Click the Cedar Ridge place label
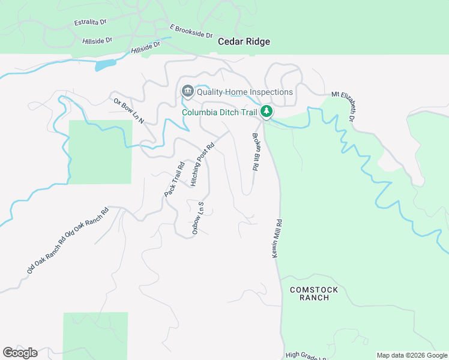pyautogui.click(x=244, y=42)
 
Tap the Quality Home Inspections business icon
pyautogui.click(x=187, y=91)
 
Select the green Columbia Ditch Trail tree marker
pyautogui.click(x=267, y=111)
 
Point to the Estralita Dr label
pyautogui.click(x=90, y=22)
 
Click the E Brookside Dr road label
pyautogui.click(x=191, y=31)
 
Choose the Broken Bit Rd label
pyautogui.click(x=255, y=152)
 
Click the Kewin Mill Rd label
pyautogui.click(x=277, y=238)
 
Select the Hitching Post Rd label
pyautogui.click(x=202, y=164)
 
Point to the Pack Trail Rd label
pyautogui.click(x=174, y=179)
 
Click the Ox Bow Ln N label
pyautogui.click(x=128, y=110)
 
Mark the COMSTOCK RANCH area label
pyautogui.click(x=314, y=293)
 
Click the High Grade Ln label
pyautogui.click(x=306, y=355)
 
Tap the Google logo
pyautogui.click(x=20, y=353)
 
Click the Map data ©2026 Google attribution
pyautogui.click(x=412, y=355)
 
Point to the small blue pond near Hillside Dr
pyautogui.click(x=105, y=65)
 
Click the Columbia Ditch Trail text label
pyautogui.click(x=220, y=112)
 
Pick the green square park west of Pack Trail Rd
pyautogui.click(x=100, y=151)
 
